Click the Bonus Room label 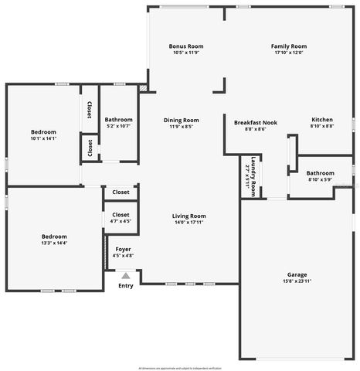[185, 46]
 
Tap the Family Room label [288, 46]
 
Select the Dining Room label [180, 121]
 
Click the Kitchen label [321, 120]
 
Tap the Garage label [297, 274]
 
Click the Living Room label [188, 216]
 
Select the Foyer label [123, 249]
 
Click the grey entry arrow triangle [125, 275]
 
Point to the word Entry [125, 286]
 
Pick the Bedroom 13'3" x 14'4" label [54, 237]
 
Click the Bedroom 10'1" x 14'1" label [43, 132]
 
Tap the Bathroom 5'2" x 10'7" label [119, 120]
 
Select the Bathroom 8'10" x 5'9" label [320, 173]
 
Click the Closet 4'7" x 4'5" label [121, 215]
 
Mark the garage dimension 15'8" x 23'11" [297, 281]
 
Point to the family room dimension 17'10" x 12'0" [288, 53]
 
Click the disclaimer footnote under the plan [180, 366]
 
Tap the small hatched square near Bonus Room [143, 89]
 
